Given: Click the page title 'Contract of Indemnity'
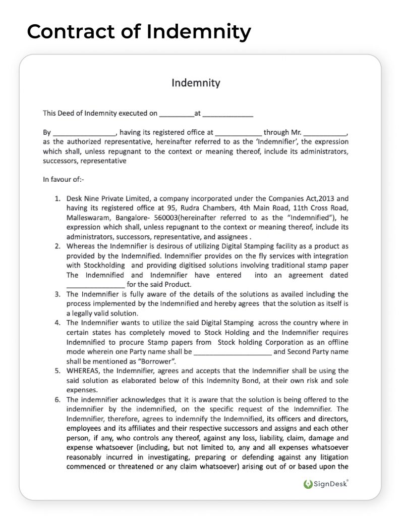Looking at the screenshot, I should click(139, 32).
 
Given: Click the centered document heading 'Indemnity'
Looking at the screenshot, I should click(196, 83).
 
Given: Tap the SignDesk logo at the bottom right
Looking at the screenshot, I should click(326, 484).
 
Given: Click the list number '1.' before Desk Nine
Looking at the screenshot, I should click(58, 199).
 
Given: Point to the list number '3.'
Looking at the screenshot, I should click(58, 294).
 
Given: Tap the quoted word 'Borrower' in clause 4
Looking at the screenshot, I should click(158, 361).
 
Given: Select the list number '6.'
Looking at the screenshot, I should click(58, 400).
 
